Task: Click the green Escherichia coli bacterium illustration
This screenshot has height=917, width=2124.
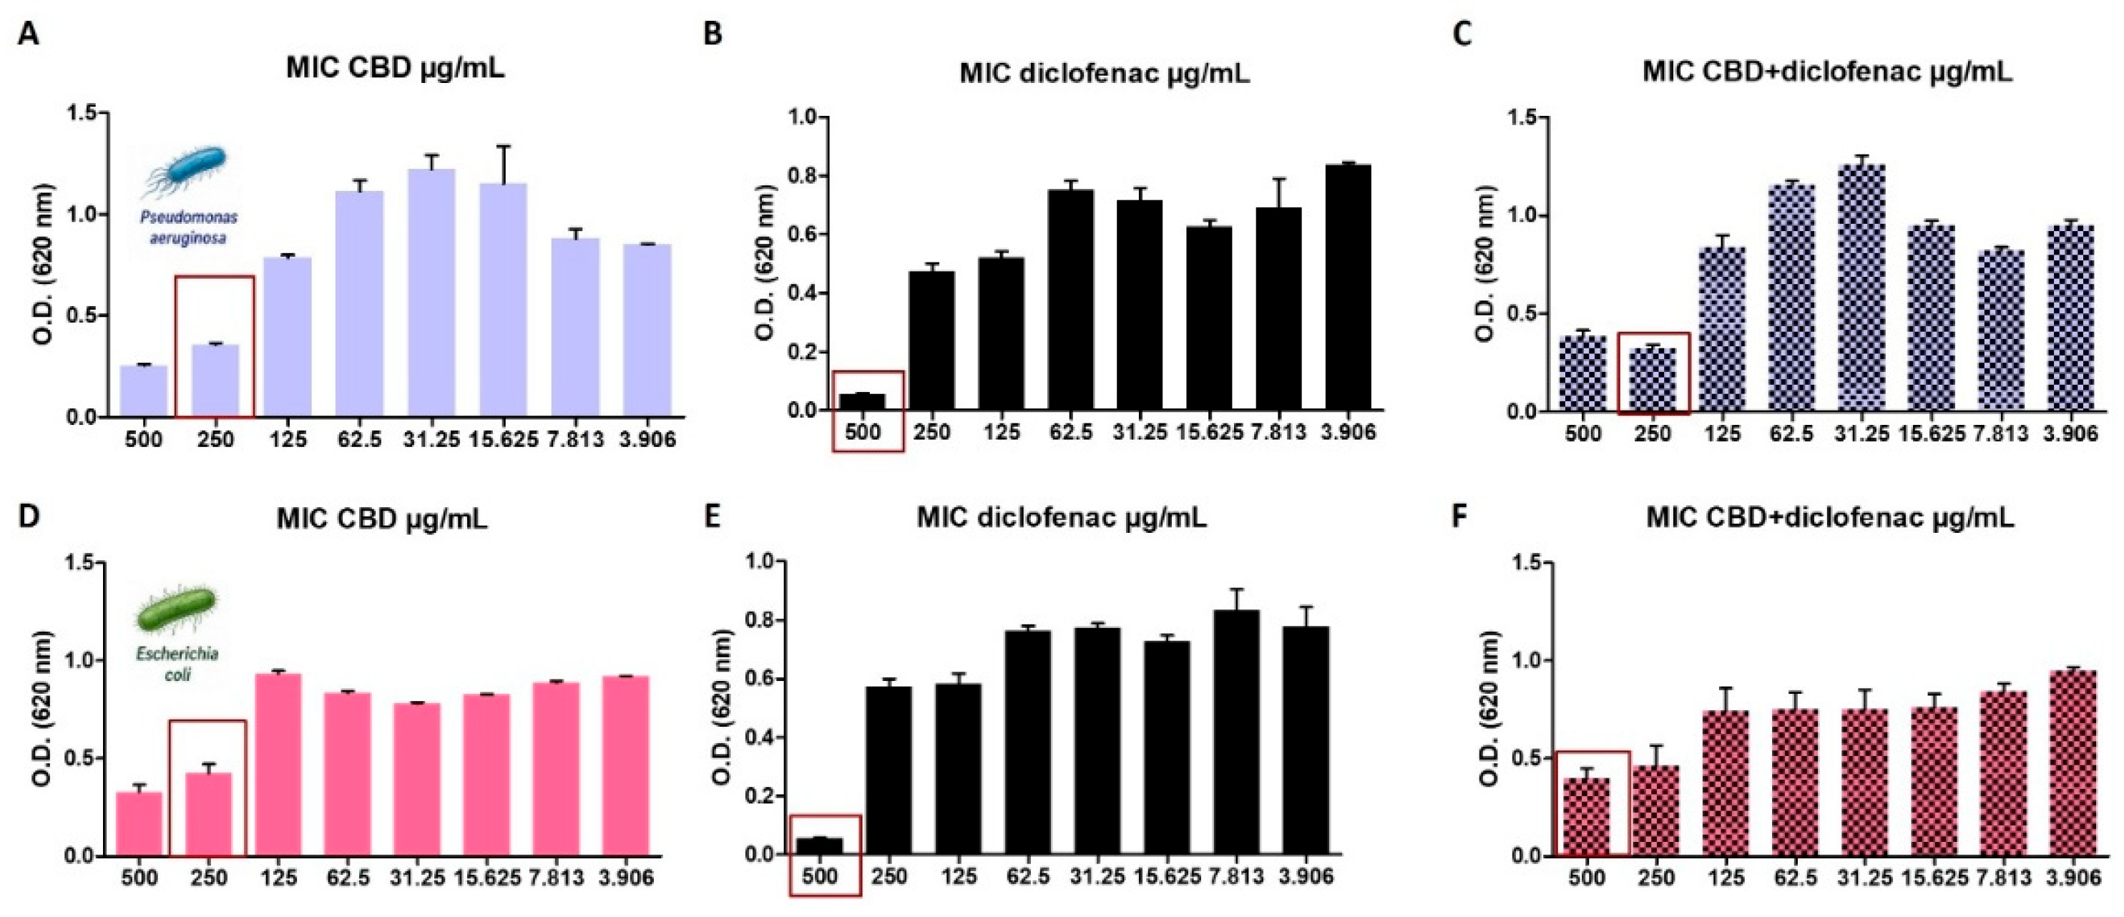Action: point(175,611)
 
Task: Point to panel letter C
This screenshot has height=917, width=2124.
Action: point(1461,34)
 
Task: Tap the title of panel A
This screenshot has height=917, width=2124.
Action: point(395,68)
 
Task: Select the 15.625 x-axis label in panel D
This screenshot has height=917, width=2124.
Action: point(487,878)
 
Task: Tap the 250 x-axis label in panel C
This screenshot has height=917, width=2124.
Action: point(1653,433)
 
